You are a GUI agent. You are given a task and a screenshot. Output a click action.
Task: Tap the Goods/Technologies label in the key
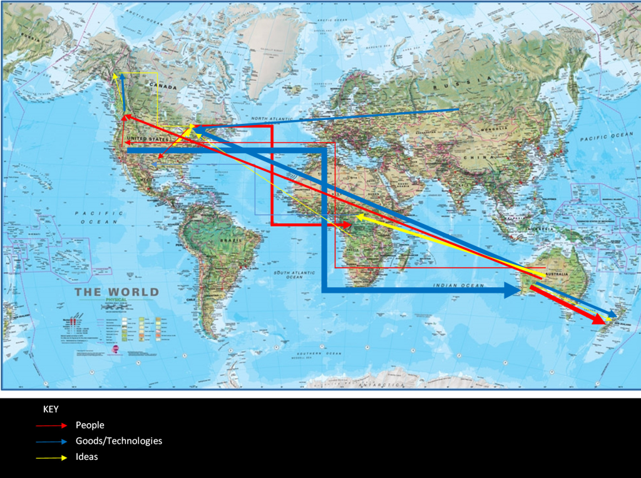coord(119,441)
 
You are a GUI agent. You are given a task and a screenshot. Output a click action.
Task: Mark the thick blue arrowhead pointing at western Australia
coord(512,289)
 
